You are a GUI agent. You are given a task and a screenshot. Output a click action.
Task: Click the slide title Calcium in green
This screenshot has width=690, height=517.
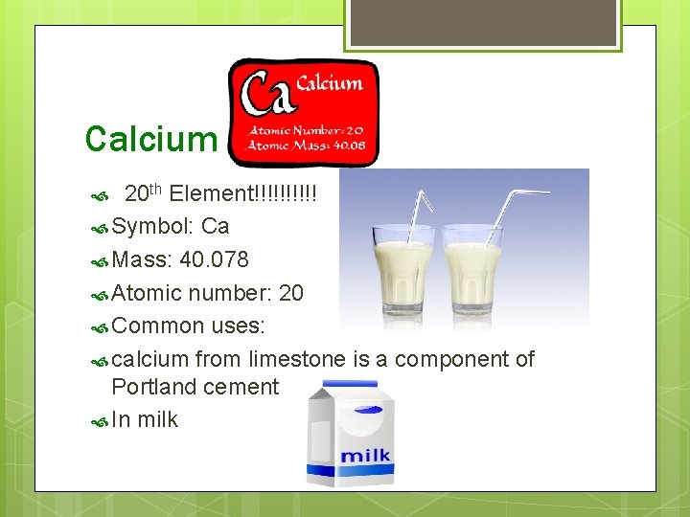click(x=150, y=140)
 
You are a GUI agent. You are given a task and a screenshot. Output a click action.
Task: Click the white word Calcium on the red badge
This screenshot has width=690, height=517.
click(x=330, y=83)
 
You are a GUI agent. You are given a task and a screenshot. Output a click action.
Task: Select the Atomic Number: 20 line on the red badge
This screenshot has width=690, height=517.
click(x=306, y=130)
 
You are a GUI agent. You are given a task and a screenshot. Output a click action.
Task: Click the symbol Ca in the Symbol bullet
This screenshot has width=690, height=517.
click(x=216, y=227)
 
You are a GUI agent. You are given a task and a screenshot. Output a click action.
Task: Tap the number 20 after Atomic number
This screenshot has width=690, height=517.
click(x=290, y=293)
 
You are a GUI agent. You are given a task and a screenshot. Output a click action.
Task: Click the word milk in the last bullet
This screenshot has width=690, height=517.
click(x=157, y=420)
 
